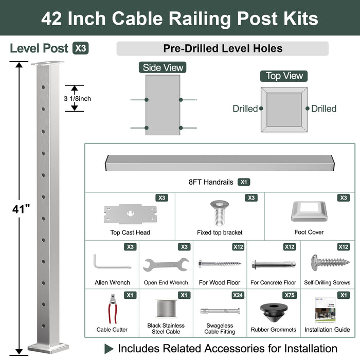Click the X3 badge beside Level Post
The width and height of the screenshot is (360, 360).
[x=80, y=48]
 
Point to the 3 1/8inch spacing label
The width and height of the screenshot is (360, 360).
[x=77, y=98]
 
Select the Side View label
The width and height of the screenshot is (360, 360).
[x=163, y=68]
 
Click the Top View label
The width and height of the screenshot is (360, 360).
[x=284, y=76]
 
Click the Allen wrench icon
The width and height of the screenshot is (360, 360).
[x=112, y=262]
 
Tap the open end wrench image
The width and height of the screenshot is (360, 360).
[x=166, y=265]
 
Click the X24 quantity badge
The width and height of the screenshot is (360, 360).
[x=238, y=295]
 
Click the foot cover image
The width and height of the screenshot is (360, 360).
[x=309, y=211]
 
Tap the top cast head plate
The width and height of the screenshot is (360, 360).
[x=130, y=212]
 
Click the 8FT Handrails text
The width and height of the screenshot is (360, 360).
[x=211, y=182]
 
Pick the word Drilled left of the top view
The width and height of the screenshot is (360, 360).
[x=245, y=109]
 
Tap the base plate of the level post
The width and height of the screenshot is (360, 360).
[x=48, y=347]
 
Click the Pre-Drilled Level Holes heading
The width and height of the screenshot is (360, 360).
[x=222, y=49]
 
